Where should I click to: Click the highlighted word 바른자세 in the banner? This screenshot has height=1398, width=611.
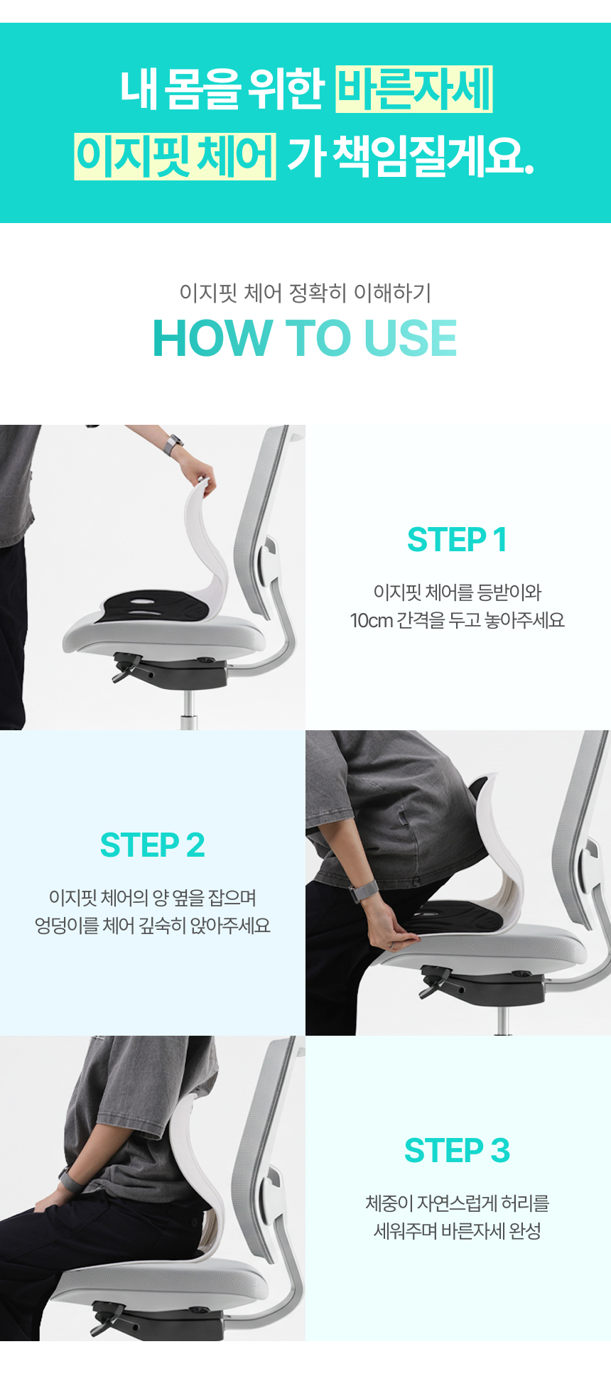(x=413, y=90)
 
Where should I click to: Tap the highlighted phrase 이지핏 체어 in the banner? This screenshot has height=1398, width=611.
(x=175, y=156)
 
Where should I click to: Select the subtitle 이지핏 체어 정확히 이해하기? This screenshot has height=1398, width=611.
(x=305, y=292)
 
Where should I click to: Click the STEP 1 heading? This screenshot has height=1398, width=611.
(x=457, y=539)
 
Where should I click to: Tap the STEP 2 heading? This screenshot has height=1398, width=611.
(x=153, y=845)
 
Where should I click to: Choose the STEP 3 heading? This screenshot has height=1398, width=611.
(x=457, y=1150)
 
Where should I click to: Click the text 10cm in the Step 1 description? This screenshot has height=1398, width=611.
(x=372, y=620)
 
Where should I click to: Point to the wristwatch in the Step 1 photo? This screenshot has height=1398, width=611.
(x=173, y=445)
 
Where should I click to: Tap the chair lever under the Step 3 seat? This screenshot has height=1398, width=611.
(x=107, y=1317)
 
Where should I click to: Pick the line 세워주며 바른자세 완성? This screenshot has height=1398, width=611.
(x=457, y=1231)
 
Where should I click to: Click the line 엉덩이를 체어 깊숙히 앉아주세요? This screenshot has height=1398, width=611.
(x=153, y=926)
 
